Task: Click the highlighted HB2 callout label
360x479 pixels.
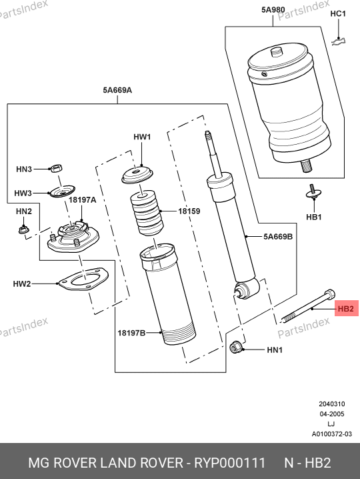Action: pos(346,308)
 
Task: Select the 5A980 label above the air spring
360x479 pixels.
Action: pos(273,10)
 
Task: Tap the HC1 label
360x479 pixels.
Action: pos(338,14)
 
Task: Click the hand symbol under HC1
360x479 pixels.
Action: pos(339,41)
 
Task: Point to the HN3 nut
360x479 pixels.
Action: pos(56,168)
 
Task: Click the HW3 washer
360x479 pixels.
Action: pos(62,191)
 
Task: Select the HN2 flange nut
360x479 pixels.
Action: pos(23,229)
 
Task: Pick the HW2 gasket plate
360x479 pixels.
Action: pos(83,280)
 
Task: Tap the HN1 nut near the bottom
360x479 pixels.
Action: pos(235,348)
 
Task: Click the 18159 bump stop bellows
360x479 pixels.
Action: pos(147,213)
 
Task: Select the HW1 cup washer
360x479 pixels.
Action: pos(137,175)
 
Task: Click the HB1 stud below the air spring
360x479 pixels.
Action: pos(313,192)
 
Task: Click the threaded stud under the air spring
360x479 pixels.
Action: pos(307,166)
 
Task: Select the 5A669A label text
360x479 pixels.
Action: pos(117,90)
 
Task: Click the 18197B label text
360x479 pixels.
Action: pos(131,333)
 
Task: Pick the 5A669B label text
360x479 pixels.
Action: pos(278,236)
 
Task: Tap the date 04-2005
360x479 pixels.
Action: pos(332,414)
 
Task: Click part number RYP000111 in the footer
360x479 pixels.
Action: pos(230,463)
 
